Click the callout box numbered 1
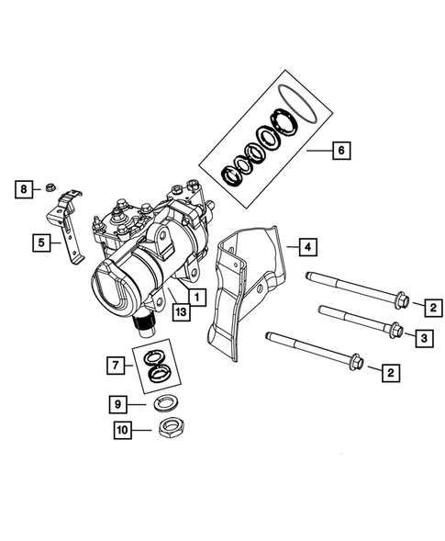195,296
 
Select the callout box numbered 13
182,314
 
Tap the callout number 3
424,339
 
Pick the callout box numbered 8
22,189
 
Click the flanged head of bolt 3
393,330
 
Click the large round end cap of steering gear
117,287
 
